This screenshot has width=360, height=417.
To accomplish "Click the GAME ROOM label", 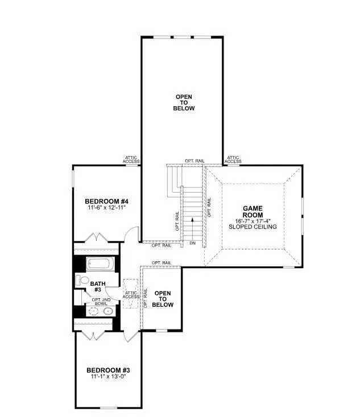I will click(253, 212).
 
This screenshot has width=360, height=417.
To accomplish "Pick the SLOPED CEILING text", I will click(253, 227).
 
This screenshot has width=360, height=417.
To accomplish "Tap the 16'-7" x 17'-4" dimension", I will click(253, 221).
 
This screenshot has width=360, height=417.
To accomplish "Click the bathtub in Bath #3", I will click(101, 264).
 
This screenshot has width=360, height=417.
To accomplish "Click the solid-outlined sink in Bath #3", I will click(107, 311).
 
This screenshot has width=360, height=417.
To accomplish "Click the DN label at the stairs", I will click(193, 243).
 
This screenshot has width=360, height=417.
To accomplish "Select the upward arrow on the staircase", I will click(193, 224).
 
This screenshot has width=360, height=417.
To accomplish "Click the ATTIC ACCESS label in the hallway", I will click(131, 294).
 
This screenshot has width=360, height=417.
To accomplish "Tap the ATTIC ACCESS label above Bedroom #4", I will click(131, 160).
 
